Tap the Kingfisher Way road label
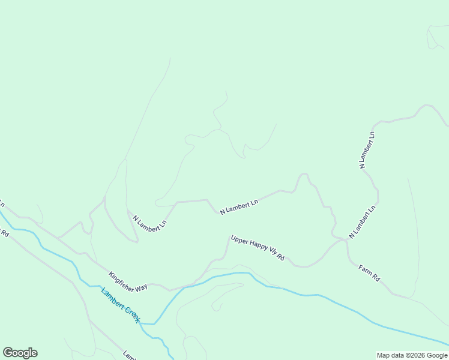128,282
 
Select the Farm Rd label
370,273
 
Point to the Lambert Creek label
121,306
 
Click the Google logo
20,353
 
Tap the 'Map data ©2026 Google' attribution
412,355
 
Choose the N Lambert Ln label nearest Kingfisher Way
149,224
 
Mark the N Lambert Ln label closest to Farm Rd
362,222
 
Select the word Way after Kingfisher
142,287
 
